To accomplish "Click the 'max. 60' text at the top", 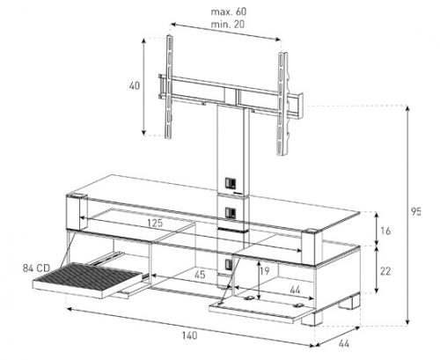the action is tap(229, 11).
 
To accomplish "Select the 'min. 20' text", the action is tap(228, 24).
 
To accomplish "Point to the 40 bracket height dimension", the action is tap(135, 86).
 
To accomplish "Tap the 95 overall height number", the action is tap(415, 211).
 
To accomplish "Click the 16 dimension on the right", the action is tap(385, 231).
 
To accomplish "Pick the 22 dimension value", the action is tap(385, 271).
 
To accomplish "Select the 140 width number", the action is tap(189, 335).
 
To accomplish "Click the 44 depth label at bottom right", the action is tap(344, 343).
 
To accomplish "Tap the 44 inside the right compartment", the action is tap(295, 290).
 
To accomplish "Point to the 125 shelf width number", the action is tap(155, 223).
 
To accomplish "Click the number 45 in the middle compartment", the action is tap(200, 275).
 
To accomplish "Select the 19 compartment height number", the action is tap(264, 270).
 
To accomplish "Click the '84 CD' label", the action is tap(36, 268).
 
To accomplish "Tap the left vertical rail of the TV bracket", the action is tap(168, 86).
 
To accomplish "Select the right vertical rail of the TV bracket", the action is tap(282, 104).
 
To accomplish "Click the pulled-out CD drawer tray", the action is tap(88, 280).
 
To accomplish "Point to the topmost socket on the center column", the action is tap(230, 183).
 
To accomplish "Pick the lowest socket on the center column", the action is tap(228, 265).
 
